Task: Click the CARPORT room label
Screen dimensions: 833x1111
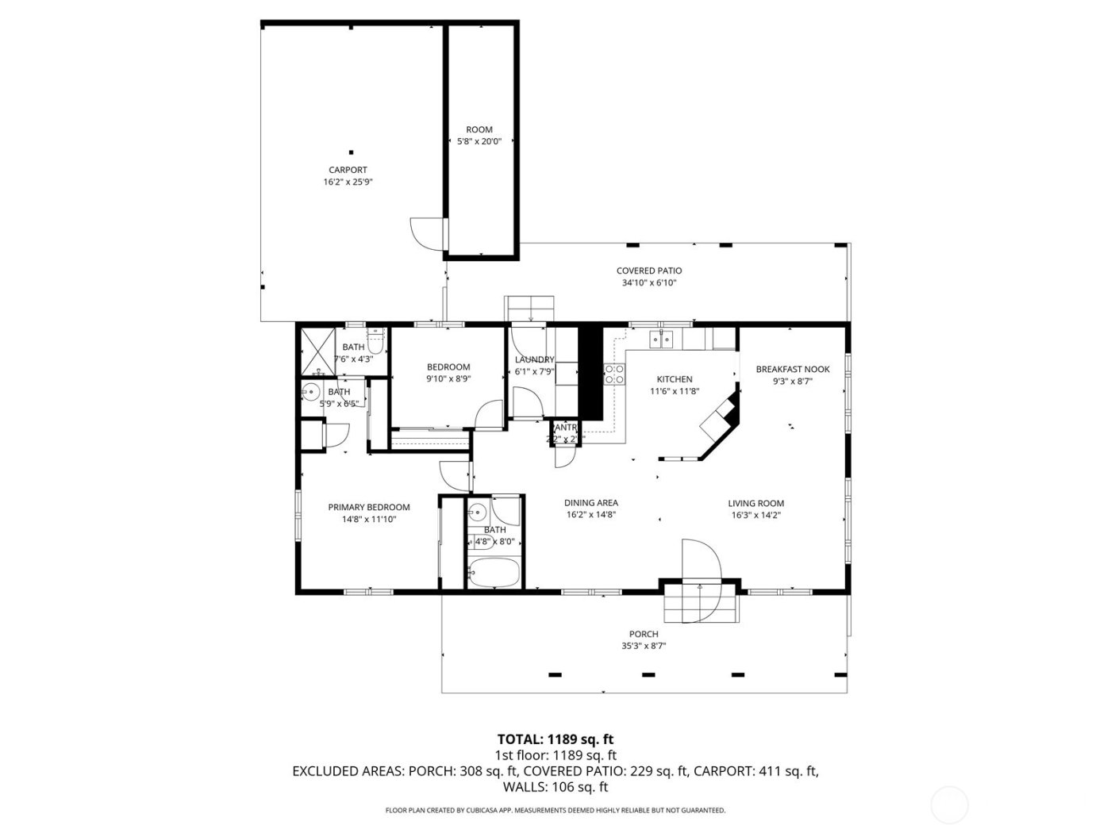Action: pos(348,170)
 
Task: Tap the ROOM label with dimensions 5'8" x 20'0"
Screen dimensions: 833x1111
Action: pos(479,129)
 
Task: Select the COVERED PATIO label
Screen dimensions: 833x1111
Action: pos(648,271)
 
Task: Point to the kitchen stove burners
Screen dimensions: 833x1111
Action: pos(614,374)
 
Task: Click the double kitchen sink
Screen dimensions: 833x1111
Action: pos(661,340)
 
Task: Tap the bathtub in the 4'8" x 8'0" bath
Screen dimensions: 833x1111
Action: pos(494,574)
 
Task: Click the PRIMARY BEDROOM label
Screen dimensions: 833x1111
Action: pos(369,508)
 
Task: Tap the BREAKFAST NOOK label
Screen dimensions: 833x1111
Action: pos(792,369)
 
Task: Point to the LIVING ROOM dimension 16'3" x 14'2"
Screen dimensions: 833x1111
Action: pos(755,515)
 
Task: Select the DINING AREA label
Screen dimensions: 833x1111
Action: pos(590,502)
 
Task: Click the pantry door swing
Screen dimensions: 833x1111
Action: pos(564,457)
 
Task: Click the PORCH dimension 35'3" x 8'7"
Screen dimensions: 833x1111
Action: pos(644,646)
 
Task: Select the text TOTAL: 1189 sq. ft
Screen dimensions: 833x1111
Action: pos(555,739)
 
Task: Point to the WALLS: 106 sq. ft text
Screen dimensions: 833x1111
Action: pos(555,787)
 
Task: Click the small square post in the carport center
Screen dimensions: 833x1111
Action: pos(352,152)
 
